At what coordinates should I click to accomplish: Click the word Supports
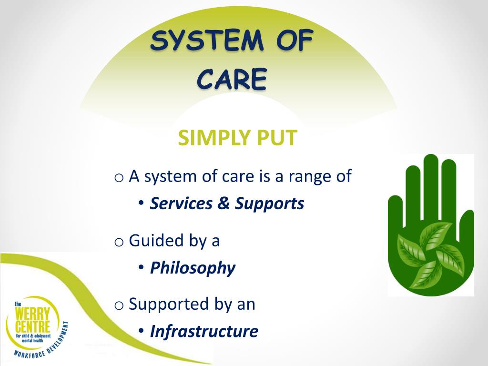(x=269, y=204)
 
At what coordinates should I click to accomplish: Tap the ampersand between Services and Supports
(x=223, y=204)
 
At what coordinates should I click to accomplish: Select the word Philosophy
(x=193, y=268)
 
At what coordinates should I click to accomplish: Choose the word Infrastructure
(x=204, y=331)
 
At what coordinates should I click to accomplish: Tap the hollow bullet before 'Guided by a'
(x=119, y=242)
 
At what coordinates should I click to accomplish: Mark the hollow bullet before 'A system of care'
(x=119, y=178)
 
